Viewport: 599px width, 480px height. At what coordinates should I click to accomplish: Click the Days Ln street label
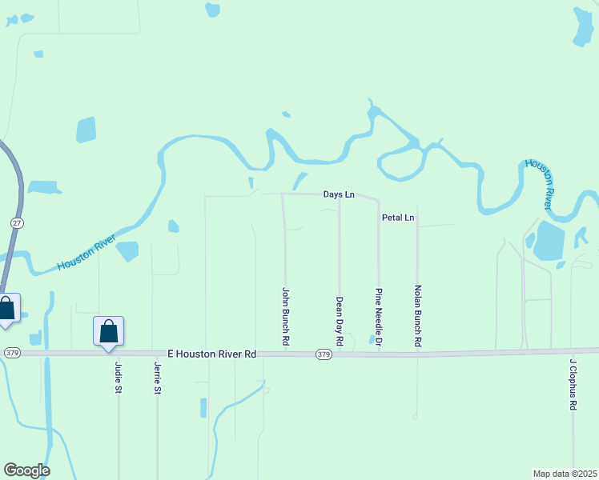339,194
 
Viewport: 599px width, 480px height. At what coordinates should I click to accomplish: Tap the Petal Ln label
398,218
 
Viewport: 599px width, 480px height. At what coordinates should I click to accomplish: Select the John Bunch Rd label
285,317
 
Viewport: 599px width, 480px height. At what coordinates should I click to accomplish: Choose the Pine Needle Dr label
379,317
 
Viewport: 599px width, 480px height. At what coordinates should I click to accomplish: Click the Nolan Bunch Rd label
417,315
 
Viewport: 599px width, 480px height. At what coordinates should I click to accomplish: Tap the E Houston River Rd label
211,354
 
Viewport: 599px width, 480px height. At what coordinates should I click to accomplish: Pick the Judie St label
119,378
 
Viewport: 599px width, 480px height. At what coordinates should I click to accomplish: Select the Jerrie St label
157,378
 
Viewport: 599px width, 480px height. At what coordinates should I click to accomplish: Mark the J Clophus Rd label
573,384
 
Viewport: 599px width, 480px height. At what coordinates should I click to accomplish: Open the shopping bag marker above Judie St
108,331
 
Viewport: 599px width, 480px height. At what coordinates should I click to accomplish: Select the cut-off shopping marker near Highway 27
7,309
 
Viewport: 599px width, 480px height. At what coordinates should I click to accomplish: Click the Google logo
26,470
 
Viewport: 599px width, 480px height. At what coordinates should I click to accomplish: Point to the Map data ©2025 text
565,473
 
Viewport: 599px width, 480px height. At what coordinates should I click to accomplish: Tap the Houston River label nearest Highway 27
86,254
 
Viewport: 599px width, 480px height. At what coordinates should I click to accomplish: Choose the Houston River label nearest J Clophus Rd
540,184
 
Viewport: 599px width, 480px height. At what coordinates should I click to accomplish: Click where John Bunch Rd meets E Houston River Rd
286,353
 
